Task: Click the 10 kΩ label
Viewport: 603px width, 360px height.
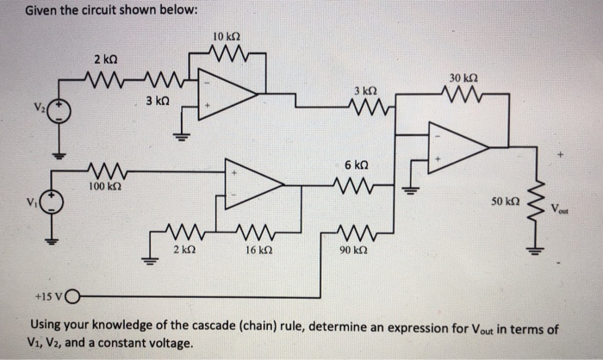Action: (225, 37)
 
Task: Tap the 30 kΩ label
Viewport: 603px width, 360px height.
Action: (460, 78)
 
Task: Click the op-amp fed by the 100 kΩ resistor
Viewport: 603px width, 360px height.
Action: (253, 181)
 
